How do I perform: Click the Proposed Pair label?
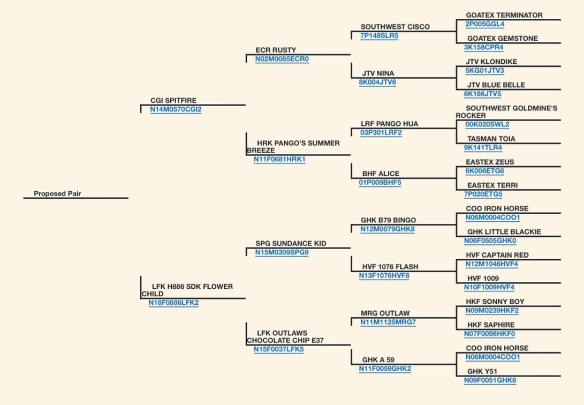tap(57, 194)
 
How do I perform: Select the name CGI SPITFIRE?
tap(173, 101)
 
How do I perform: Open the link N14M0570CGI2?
tap(176, 109)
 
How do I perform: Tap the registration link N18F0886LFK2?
tap(173, 303)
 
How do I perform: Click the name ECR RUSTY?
tap(276, 50)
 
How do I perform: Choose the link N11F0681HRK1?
tap(280, 160)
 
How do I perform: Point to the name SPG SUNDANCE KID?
tap(291, 244)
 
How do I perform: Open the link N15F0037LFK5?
tap(279, 349)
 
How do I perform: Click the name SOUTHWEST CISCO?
tap(395, 27)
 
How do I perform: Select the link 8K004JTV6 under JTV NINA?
tap(378, 82)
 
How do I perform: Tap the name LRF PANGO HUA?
tap(390, 124)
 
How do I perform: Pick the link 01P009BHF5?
tap(380, 183)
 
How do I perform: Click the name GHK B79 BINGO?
tap(389, 221)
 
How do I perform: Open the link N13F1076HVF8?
tap(384, 276)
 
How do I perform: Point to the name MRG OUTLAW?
tap(385, 314)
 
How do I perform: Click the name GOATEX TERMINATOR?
tap(504, 16)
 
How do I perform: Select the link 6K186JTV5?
tap(483, 94)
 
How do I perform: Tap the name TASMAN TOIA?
tap(491, 139)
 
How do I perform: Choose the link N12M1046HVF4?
tap(491, 264)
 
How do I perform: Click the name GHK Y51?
tap(482, 372)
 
